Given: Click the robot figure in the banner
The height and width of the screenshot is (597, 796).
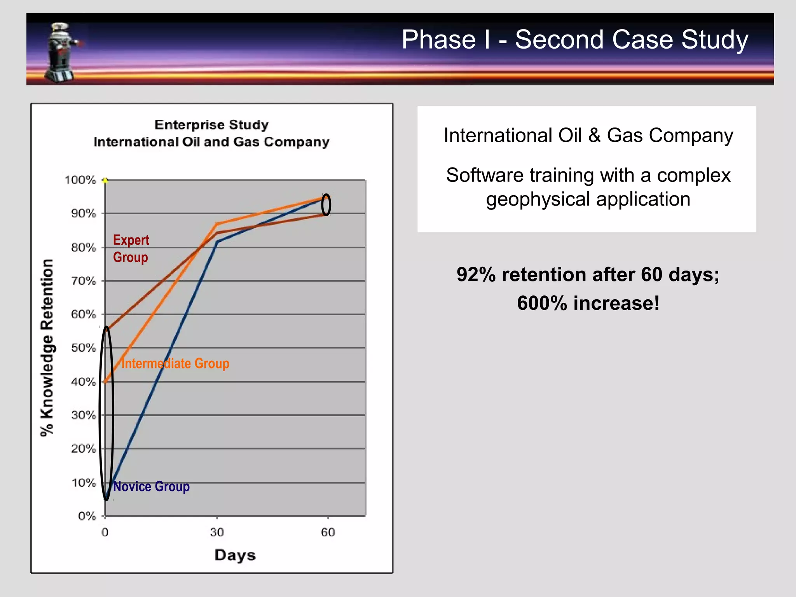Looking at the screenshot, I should [62, 52].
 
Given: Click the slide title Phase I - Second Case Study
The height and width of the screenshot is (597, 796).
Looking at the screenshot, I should [574, 40].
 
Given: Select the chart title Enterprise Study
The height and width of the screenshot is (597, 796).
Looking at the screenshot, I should [211, 125].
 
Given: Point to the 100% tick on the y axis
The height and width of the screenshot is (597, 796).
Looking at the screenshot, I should [80, 180].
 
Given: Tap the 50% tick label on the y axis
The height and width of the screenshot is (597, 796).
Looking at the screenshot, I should [83, 348].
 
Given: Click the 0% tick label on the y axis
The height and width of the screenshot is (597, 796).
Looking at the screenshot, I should [87, 517].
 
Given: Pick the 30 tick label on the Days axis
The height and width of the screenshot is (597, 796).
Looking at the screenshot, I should [217, 532].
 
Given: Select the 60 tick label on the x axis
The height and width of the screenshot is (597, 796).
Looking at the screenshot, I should [328, 532].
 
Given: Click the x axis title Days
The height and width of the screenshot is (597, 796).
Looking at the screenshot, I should [235, 555].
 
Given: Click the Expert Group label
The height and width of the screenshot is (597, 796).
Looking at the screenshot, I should [131, 249].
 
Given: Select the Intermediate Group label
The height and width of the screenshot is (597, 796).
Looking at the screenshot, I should [175, 363].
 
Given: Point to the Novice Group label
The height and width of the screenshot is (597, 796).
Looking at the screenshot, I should [151, 487].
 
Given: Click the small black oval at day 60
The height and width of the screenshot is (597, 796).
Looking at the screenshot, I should [326, 204].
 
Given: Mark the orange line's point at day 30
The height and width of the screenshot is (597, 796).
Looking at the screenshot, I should [217, 224].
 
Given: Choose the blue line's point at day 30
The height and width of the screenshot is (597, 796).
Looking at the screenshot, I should [217, 242].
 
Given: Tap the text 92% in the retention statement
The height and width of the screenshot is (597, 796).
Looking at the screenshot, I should [476, 274].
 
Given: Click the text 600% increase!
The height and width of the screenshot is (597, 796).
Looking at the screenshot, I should [588, 303].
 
